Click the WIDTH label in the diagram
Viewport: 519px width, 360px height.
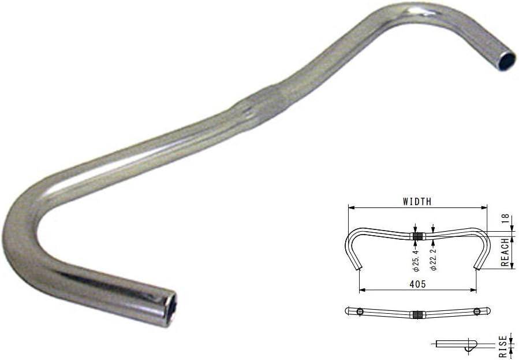pyautogui.click(x=416, y=202)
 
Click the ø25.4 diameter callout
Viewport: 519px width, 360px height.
pyautogui.click(x=416, y=259)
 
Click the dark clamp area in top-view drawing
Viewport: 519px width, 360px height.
pyautogui.click(x=417, y=236)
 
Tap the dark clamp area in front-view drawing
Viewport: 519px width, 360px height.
pyautogui.click(x=417, y=314)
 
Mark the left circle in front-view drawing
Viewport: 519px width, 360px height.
pyautogui.click(x=360, y=311)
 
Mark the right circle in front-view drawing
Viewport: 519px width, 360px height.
pyautogui.click(x=477, y=311)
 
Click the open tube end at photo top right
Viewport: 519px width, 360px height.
pyautogui.click(x=506, y=60)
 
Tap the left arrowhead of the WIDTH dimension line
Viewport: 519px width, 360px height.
pyautogui.click(x=350, y=207)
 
